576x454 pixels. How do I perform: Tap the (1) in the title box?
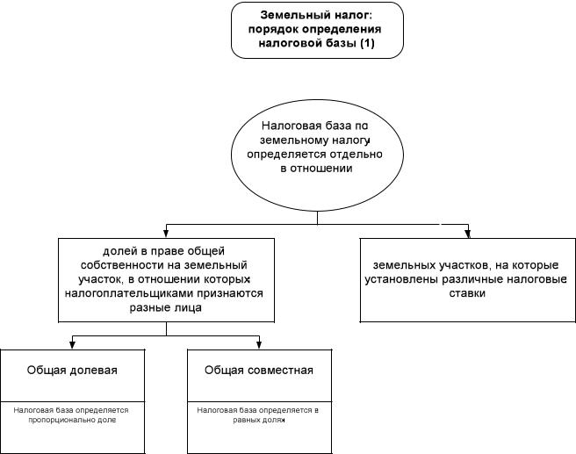pos(367,43)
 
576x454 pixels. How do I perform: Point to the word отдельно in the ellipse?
pos(356,155)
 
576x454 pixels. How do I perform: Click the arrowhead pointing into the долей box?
pos(166,234)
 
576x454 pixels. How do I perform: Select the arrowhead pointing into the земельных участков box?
pos(468,234)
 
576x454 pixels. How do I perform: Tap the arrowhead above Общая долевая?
pos(72,344)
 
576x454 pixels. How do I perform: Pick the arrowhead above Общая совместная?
pos(259,344)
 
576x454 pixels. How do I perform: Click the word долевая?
pos(94,371)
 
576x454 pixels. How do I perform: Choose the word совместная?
pos(281,371)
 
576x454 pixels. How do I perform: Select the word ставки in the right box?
pos(467,293)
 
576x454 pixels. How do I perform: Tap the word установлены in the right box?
pos(401,279)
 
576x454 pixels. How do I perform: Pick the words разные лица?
pos(166,308)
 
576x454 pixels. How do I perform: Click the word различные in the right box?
pos(472,279)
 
